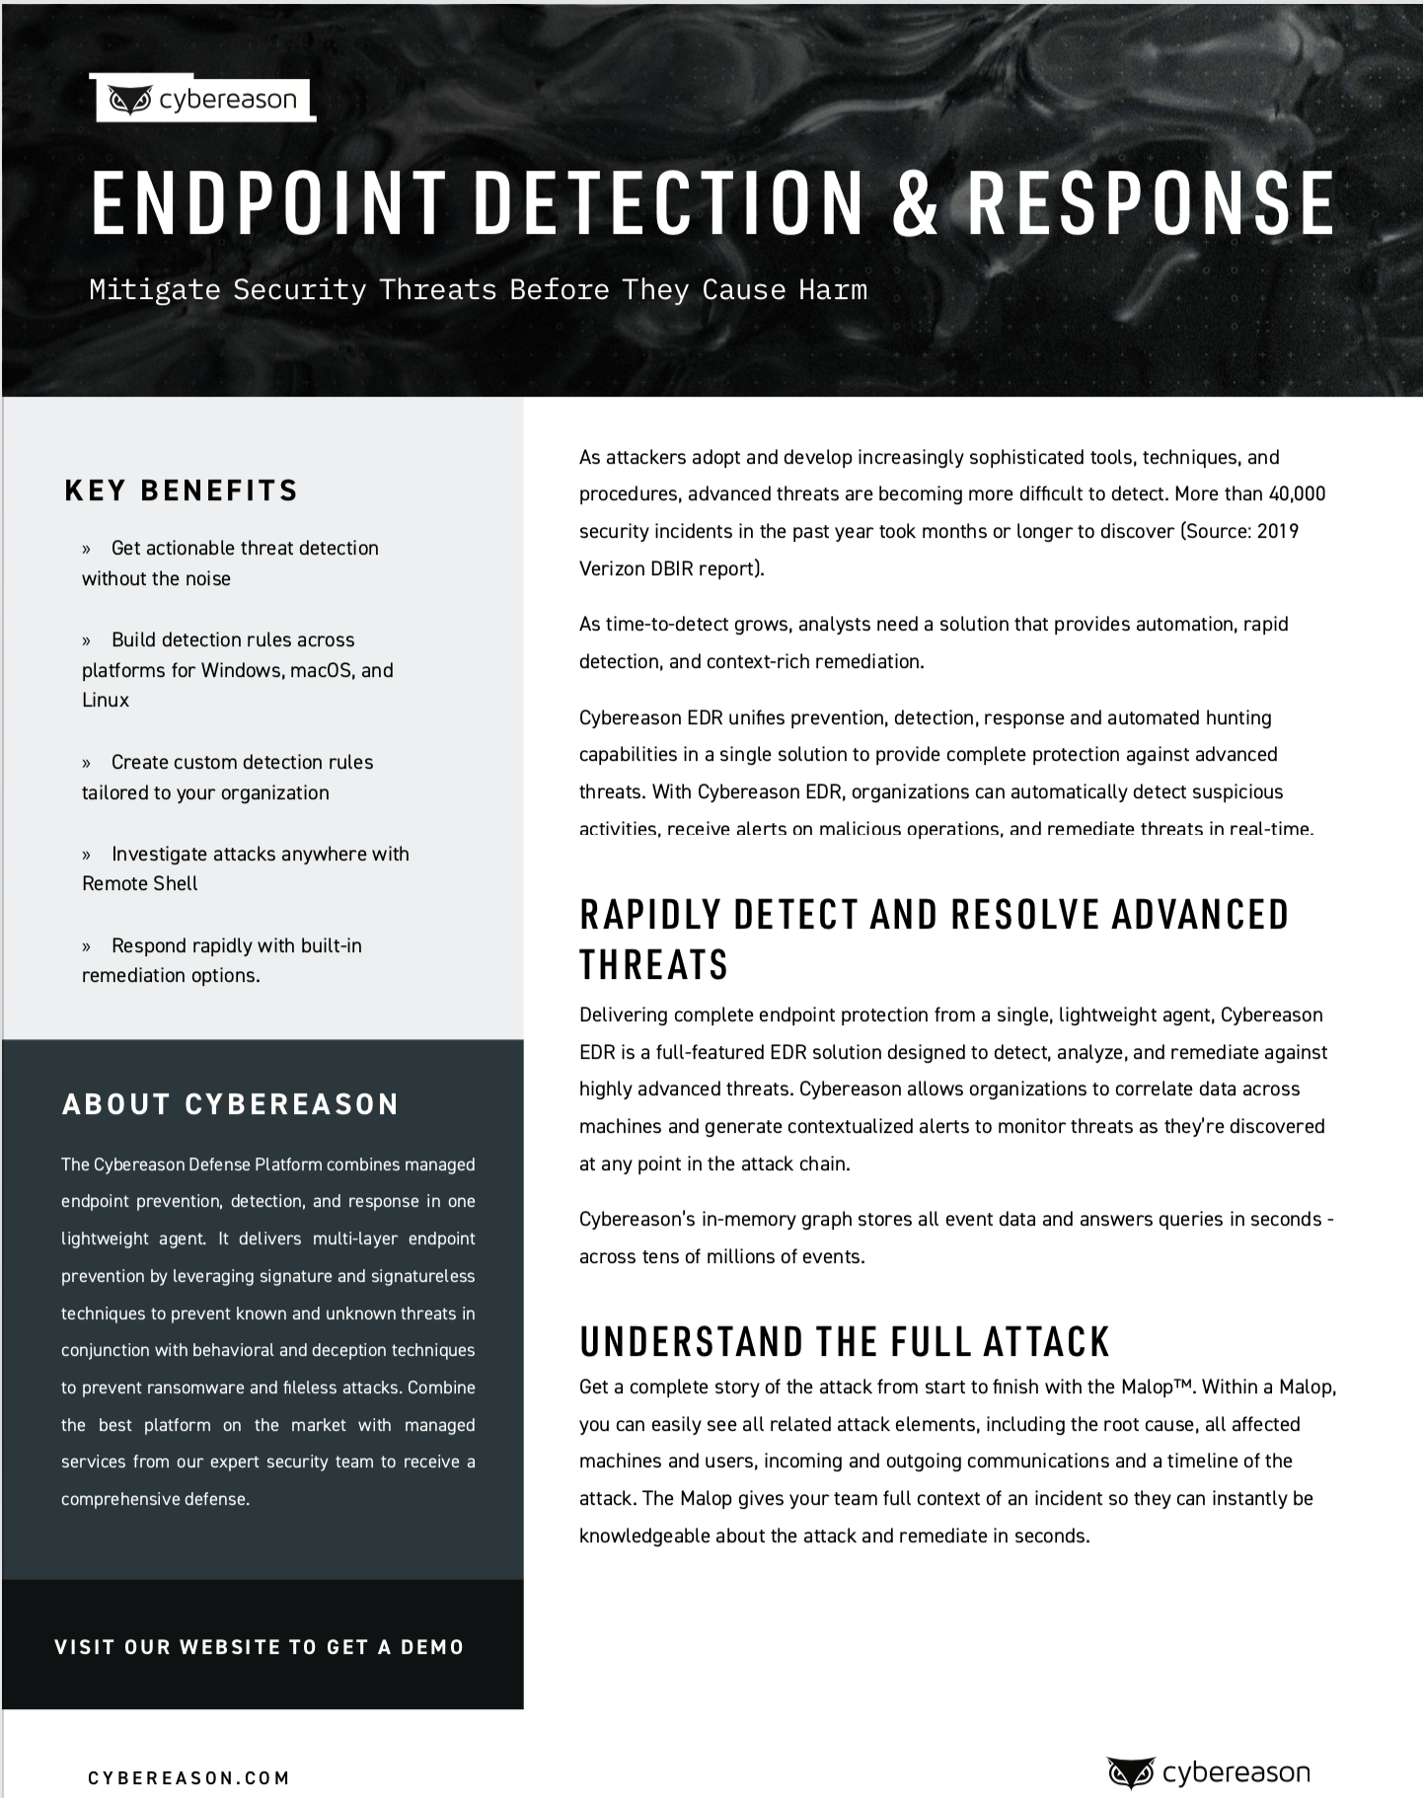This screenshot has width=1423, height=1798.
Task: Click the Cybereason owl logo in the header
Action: [x=129, y=101]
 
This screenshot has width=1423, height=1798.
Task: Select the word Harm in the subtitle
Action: [x=835, y=290]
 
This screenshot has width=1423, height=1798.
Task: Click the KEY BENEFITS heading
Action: [x=182, y=490]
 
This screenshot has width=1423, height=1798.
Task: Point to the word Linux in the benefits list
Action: [x=106, y=700]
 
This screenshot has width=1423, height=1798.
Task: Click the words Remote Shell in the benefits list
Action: [x=140, y=883]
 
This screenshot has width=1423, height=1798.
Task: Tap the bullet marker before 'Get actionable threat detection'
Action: [x=87, y=549]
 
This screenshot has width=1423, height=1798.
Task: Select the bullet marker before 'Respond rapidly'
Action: [x=87, y=946]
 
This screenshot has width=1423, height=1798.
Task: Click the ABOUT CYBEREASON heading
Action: [x=231, y=1104]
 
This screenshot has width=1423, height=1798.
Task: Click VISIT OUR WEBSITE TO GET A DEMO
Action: [x=260, y=1647]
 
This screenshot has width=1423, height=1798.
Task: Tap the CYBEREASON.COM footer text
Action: [x=189, y=1778]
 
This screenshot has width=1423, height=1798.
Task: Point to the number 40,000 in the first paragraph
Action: [x=1297, y=493]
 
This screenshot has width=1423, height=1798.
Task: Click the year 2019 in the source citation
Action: [x=1278, y=531]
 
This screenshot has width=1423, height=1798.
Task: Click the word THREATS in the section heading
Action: [x=653, y=965]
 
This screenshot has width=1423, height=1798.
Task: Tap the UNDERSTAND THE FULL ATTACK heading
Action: [x=845, y=1342]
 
